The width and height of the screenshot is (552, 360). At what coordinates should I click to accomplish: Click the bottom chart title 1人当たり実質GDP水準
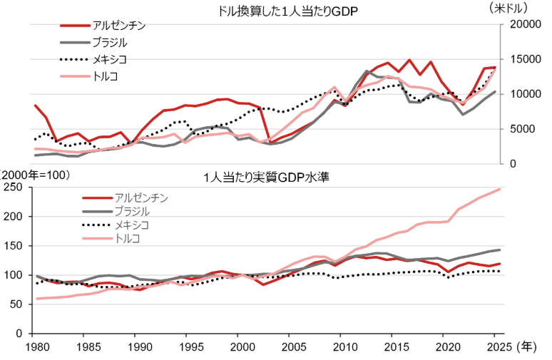point(265,176)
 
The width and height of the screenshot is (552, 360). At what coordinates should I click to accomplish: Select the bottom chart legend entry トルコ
point(130,238)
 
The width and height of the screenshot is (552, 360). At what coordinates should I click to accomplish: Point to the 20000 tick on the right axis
point(524,25)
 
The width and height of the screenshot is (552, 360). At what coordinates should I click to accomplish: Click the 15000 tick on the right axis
point(524,59)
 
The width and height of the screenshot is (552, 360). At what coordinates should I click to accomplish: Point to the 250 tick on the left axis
point(16,187)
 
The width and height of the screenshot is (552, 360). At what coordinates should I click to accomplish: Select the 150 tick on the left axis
point(16,246)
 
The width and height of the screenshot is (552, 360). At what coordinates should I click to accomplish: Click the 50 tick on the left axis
point(19,304)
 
